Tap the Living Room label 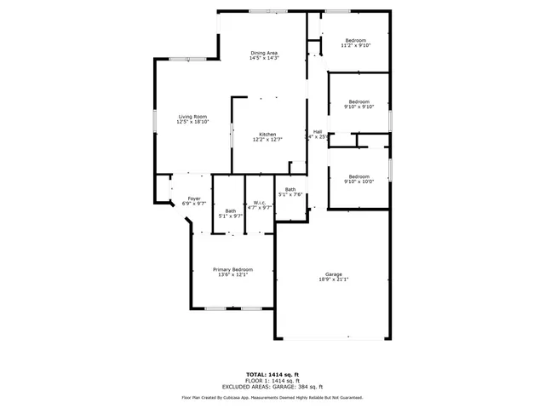(x=192, y=117)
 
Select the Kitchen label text (x=267, y=134)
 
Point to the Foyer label (x=194, y=199)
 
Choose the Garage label (x=333, y=274)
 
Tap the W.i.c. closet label (x=259, y=202)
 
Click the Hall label (x=318, y=131)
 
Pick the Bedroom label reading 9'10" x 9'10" (x=359, y=101)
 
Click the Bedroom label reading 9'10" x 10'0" (x=359, y=176)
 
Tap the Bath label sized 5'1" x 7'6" (x=290, y=189)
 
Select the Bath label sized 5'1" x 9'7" (x=231, y=211)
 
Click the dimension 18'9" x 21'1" (x=333, y=279)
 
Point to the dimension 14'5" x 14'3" (x=264, y=59)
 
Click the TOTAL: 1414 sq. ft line (x=272, y=374)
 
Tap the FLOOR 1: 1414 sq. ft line (x=272, y=380)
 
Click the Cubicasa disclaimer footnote (x=272, y=397)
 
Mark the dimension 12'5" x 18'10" (x=192, y=122)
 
